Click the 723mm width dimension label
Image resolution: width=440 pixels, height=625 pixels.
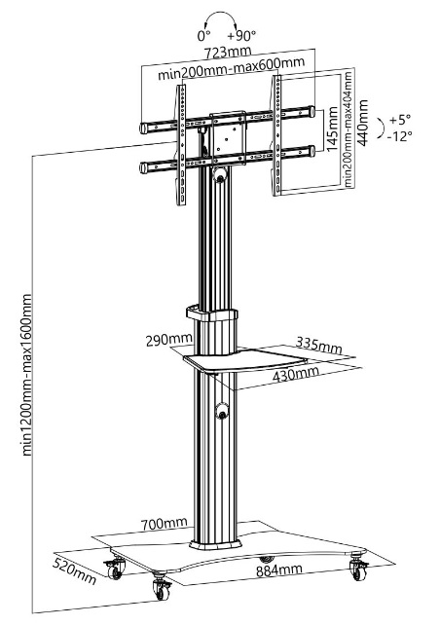228,52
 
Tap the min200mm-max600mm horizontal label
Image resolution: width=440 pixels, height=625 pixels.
231,68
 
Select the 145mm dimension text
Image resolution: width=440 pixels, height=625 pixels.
332,129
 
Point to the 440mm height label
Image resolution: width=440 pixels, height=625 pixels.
363,123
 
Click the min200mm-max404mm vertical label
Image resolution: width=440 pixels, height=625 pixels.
348,129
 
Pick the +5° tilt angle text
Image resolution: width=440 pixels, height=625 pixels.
400,119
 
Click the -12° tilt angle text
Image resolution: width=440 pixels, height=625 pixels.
399,136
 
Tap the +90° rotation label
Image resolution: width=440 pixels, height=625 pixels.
241,36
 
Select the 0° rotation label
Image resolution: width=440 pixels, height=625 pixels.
203,36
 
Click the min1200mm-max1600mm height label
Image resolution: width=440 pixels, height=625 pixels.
26,375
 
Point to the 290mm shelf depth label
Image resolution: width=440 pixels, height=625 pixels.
169,341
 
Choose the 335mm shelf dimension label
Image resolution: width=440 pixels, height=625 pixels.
319,346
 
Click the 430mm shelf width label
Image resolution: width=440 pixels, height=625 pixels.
296,374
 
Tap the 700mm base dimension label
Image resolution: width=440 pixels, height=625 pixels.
164,524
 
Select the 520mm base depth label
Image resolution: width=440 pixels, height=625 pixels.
75,571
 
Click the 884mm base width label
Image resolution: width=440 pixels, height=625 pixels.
279,570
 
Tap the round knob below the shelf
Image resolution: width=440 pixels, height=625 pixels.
221,411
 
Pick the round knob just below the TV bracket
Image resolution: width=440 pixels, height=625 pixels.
220,175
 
